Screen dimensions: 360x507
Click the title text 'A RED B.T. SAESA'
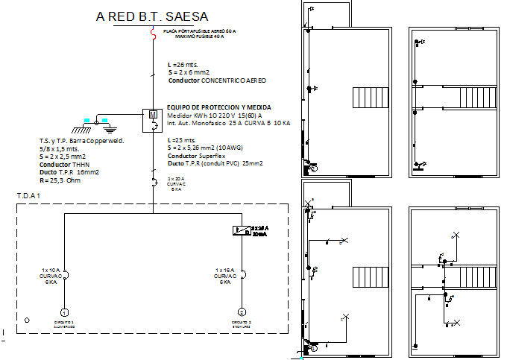click(153, 16)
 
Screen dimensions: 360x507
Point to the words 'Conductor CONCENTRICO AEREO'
click(217, 80)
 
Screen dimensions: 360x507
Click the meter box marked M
click(153, 116)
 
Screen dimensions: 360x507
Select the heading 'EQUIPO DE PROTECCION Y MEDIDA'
click(218, 107)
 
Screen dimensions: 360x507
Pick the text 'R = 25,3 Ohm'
click(60, 180)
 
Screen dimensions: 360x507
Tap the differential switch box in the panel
click(241, 230)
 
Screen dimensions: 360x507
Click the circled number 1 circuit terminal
click(64, 312)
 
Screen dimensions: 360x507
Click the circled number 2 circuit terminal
click(241, 312)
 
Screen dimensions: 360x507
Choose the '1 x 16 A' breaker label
click(224, 270)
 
